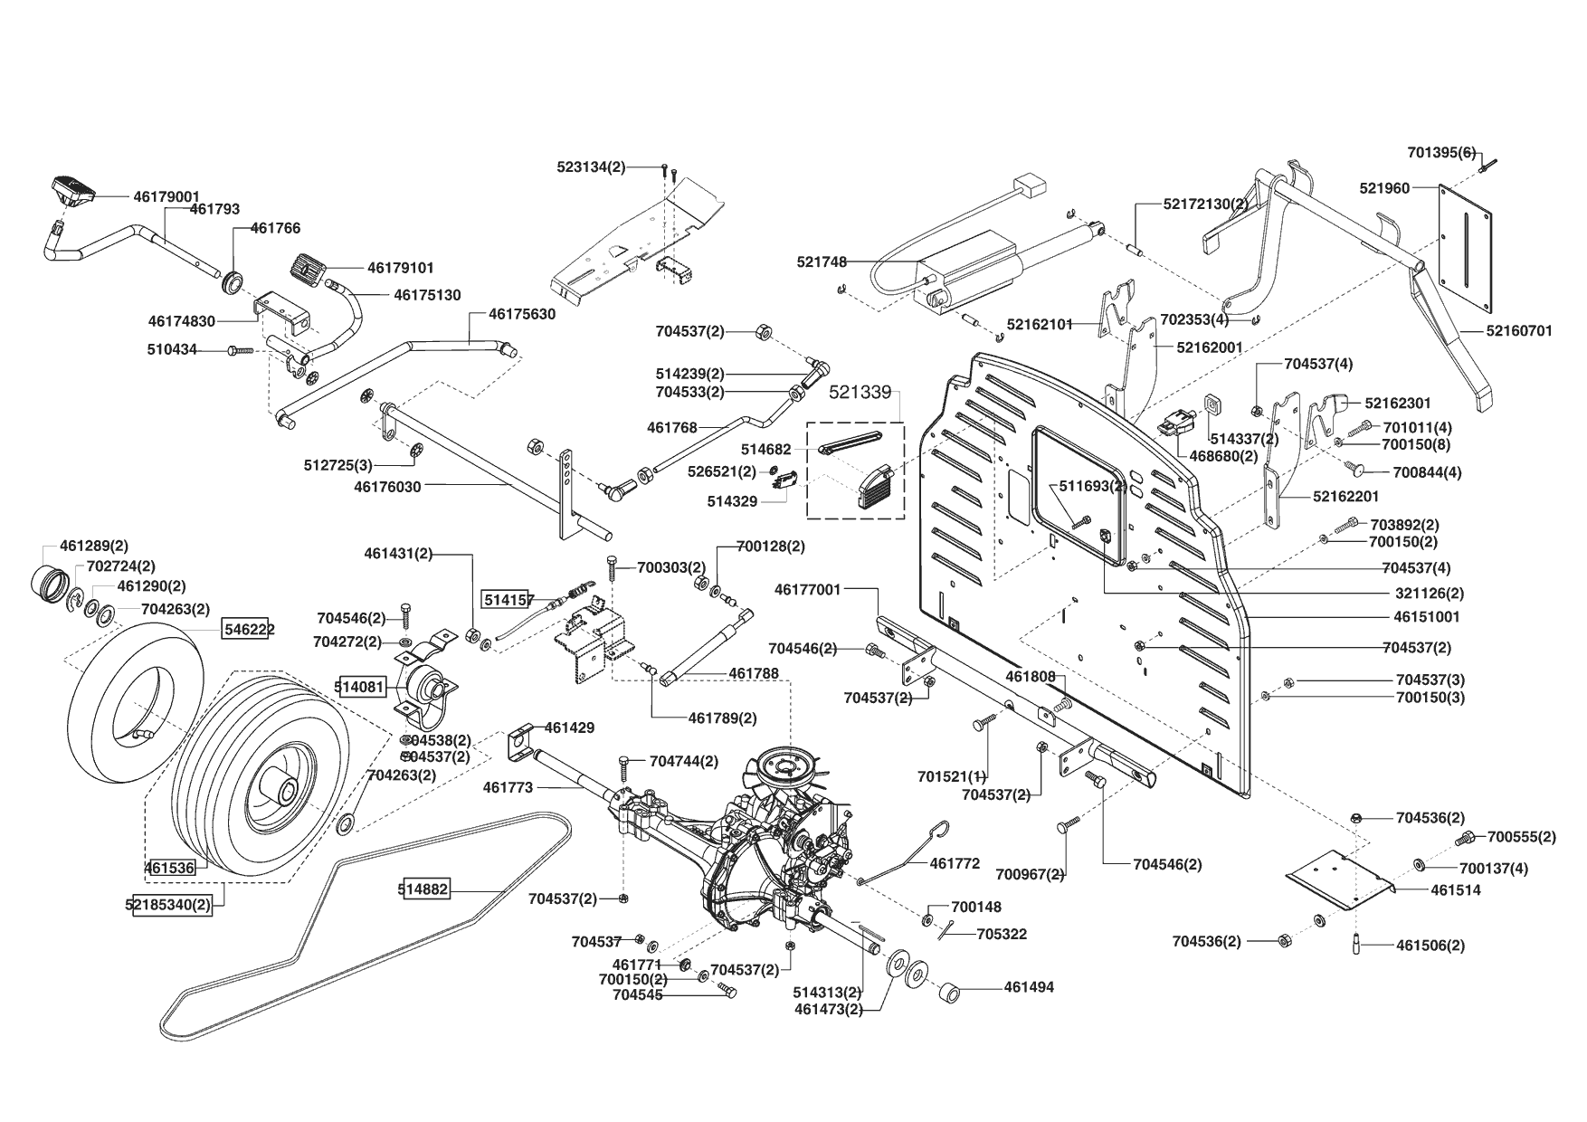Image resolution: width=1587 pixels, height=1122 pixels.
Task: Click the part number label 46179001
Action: tap(166, 195)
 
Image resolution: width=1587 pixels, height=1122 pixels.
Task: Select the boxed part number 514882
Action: tap(423, 890)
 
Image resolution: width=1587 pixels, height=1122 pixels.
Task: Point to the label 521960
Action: tap(1384, 188)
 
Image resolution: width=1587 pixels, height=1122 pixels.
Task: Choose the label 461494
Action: tap(1029, 988)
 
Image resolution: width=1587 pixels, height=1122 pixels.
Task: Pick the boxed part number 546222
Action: tap(249, 629)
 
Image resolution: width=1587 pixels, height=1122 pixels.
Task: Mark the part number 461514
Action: tap(1456, 890)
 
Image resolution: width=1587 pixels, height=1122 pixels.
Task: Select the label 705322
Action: tap(1002, 934)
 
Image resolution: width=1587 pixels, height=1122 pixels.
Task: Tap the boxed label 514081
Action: tap(360, 687)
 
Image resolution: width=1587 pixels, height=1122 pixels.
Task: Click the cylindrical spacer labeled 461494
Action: tap(951, 993)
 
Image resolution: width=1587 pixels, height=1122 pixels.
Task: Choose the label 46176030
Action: tap(387, 487)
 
